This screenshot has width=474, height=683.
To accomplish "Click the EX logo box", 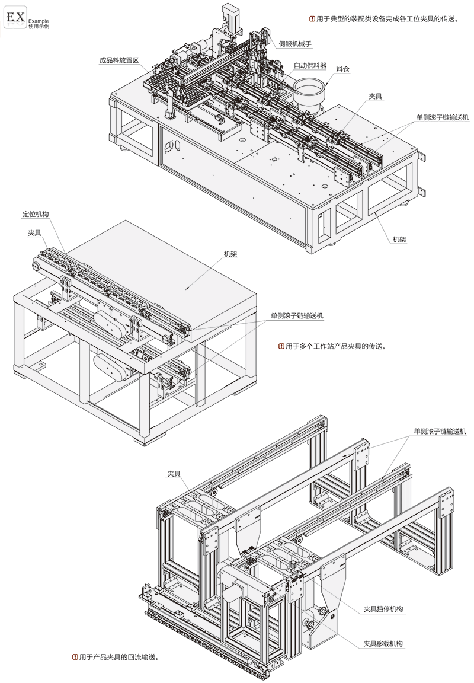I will coord(15,18).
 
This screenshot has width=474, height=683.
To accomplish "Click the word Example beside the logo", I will coord(38,21).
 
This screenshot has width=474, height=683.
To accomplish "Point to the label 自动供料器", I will coord(309,64).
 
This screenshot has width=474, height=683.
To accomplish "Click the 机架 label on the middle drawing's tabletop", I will coord(230,253).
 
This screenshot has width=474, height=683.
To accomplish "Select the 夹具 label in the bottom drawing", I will coord(174,473).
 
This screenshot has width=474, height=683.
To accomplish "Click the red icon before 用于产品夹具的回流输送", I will coord(73,657).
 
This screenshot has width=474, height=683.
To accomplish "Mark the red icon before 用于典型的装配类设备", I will coord(312,19).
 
